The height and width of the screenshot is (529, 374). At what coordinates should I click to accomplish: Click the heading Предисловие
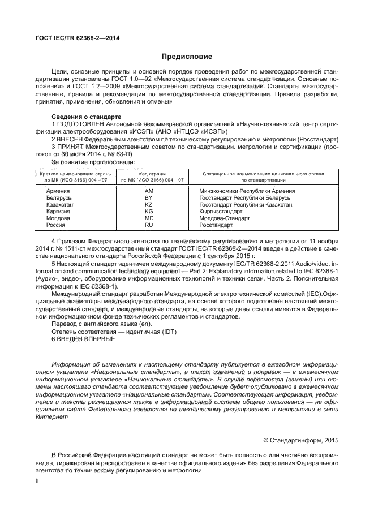tap(187, 57)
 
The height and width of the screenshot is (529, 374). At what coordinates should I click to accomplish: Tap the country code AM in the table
tap(149, 191)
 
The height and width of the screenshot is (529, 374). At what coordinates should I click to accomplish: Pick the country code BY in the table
tap(149, 198)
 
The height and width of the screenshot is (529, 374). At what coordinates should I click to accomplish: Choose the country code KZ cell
tap(149, 205)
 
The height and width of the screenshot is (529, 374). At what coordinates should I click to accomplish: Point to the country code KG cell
tap(149, 212)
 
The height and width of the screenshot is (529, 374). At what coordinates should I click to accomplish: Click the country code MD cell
tap(149, 218)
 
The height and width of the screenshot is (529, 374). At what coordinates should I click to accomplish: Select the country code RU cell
tap(149, 225)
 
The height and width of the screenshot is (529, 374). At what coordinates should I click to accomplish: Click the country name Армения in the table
tap(58, 191)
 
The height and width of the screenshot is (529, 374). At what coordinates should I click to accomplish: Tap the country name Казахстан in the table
tap(60, 205)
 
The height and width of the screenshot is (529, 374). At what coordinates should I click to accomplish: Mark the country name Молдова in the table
tap(58, 218)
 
